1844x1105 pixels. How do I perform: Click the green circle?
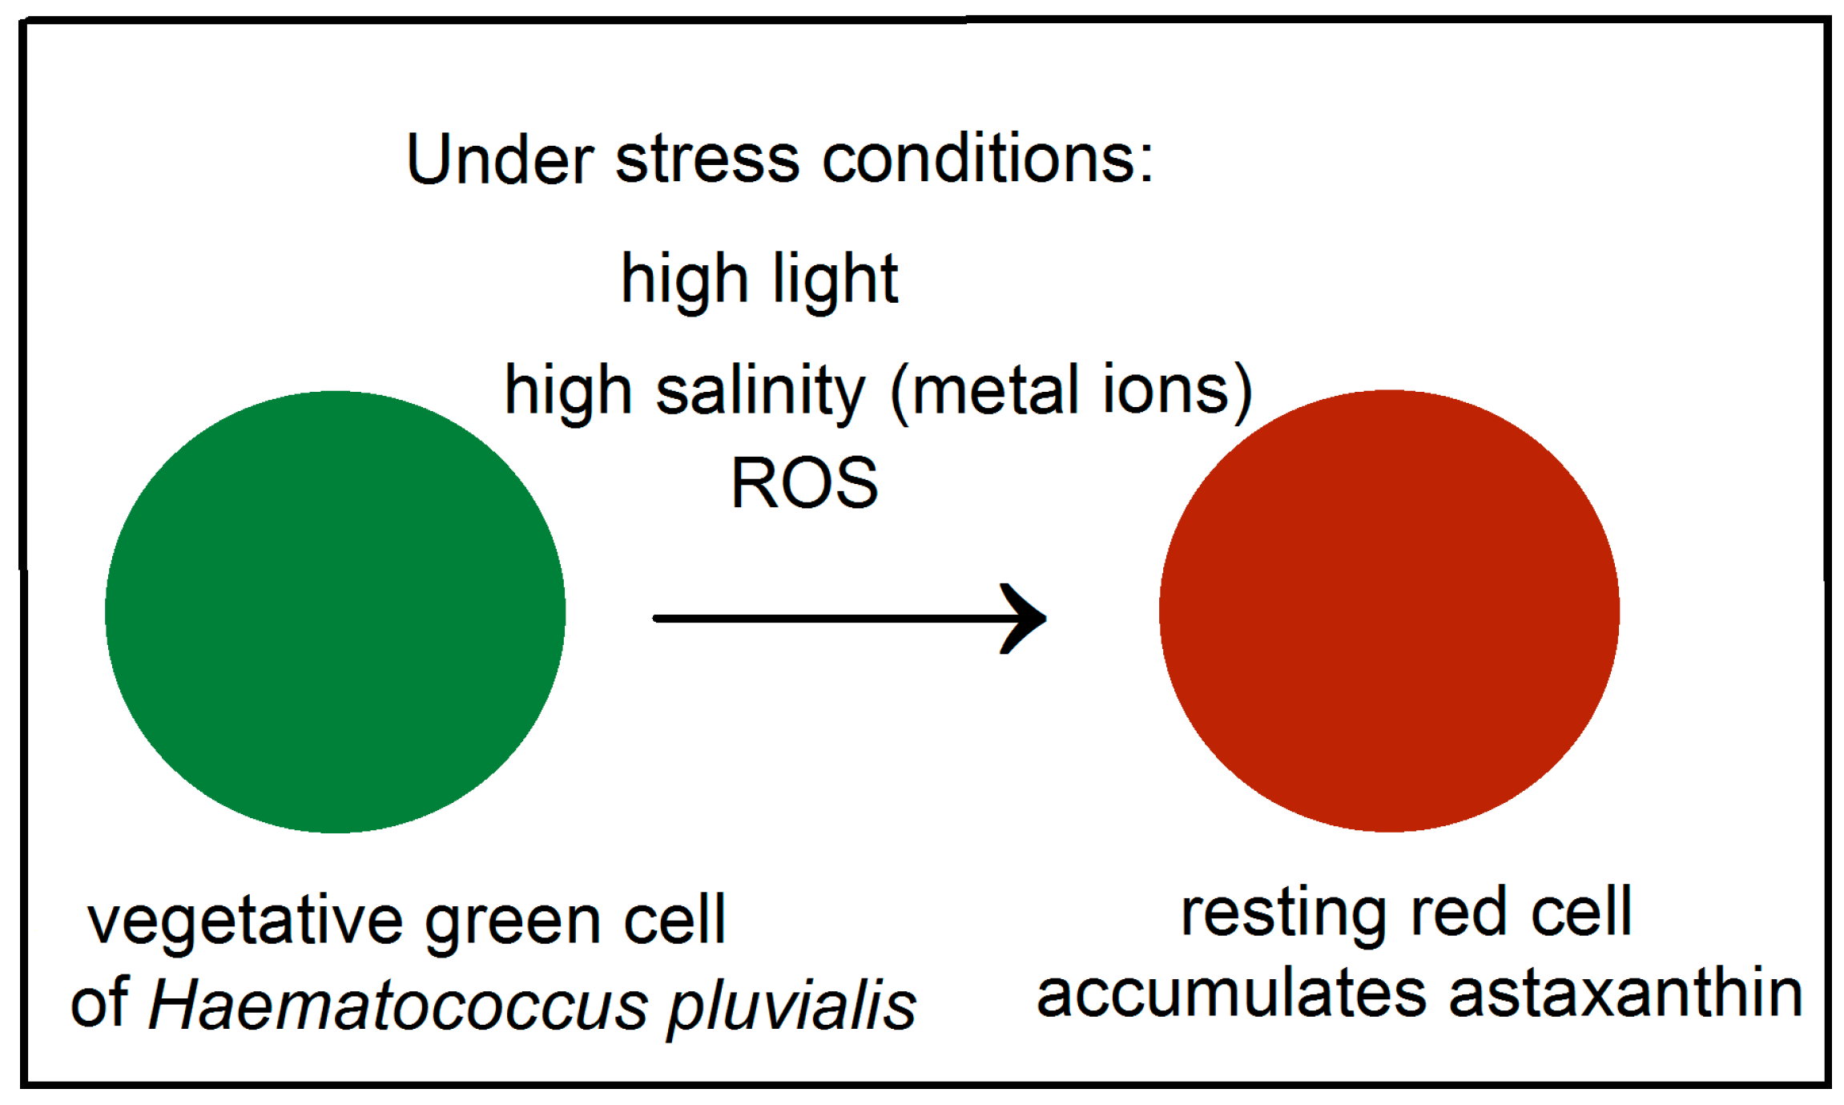pyautogui.click(x=335, y=611)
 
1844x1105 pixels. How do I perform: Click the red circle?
pyautogui.click(x=1388, y=611)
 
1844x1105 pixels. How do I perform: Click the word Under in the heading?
pyautogui.click(x=499, y=159)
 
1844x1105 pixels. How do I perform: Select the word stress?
pyautogui.click(x=707, y=159)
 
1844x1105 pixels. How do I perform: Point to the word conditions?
pyautogui.click(x=988, y=159)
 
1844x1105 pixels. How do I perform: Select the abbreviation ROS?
pyautogui.click(x=804, y=483)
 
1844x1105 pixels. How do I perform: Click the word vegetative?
pyautogui.click(x=245, y=922)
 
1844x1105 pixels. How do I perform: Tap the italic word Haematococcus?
pyautogui.click(x=397, y=1005)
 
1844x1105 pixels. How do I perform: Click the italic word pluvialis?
pyautogui.click(x=791, y=1006)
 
